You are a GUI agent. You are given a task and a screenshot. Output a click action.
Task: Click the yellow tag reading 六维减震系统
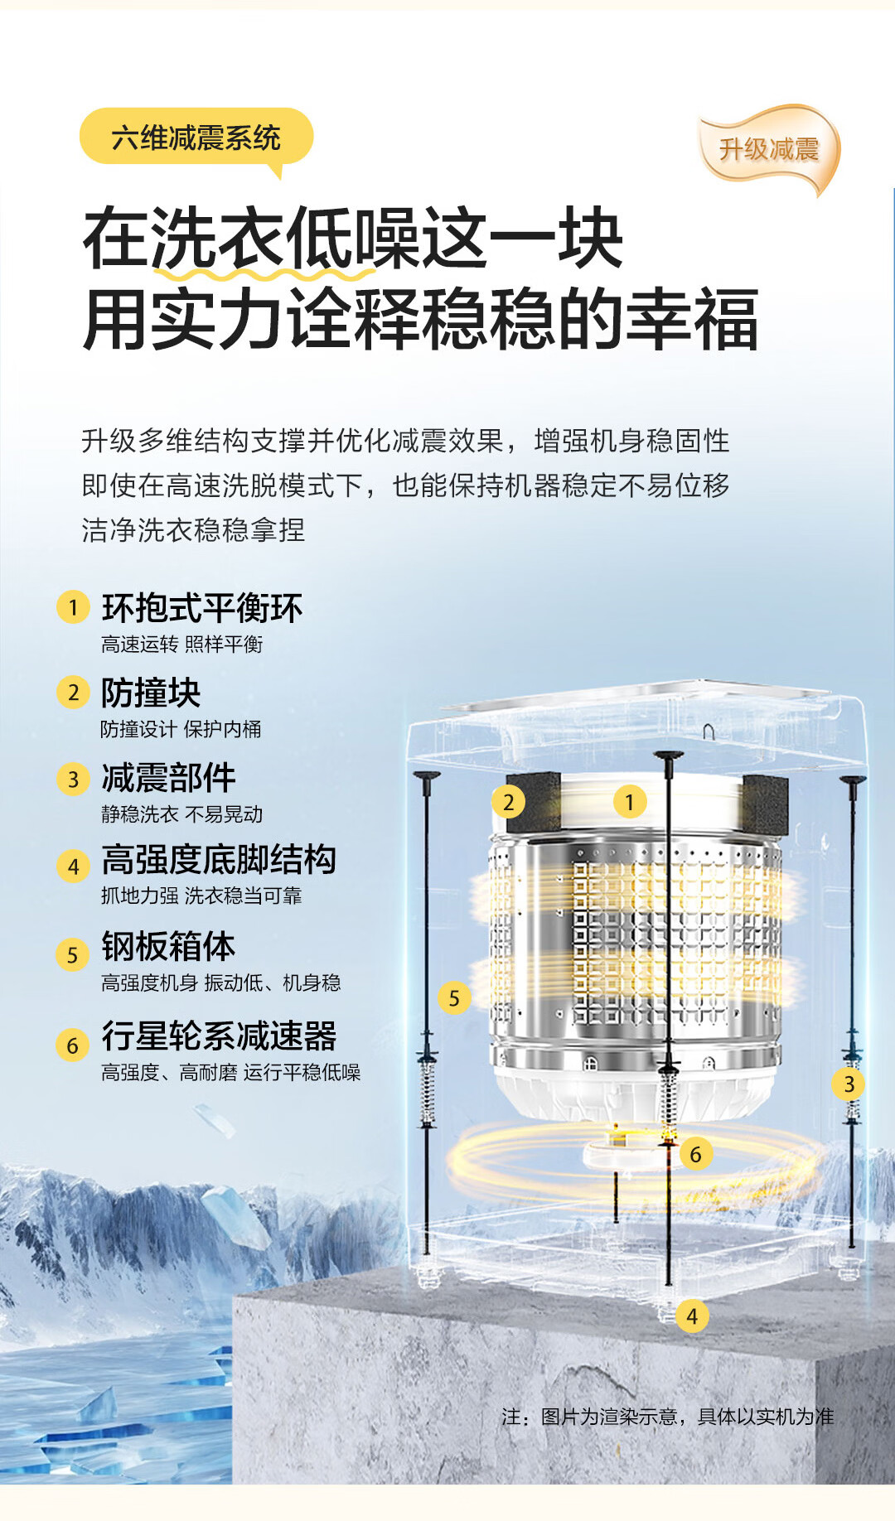[196, 137]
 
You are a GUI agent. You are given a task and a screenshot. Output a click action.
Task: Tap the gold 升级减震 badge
[769, 149]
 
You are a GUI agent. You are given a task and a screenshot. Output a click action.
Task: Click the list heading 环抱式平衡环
[202, 608]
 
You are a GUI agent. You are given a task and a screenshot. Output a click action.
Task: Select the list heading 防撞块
[151, 693]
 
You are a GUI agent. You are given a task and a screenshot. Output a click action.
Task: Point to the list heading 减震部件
[168, 778]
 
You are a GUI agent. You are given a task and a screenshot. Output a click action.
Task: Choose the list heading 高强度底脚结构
[219, 860]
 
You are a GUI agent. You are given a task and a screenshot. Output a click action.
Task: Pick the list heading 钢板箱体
[168, 946]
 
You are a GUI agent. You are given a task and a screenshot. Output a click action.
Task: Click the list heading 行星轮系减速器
[219, 1036]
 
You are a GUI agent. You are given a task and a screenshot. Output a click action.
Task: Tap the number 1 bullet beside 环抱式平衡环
[73, 607]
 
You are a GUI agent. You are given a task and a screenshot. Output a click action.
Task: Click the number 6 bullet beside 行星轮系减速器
[73, 1045]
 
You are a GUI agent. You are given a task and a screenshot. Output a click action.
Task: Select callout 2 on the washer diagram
[508, 802]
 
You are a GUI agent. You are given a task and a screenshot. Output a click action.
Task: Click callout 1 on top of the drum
[630, 802]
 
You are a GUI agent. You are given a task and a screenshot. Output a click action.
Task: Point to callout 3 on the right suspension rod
[849, 1084]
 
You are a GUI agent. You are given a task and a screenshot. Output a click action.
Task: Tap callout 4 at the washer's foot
[692, 1316]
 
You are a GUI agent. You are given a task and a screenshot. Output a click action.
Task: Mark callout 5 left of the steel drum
[454, 997]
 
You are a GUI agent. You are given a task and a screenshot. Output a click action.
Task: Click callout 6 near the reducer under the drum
[696, 1154]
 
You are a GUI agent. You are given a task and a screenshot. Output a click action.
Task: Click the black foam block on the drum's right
[764, 804]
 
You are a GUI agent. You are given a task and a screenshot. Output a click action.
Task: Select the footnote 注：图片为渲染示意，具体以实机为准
[667, 1417]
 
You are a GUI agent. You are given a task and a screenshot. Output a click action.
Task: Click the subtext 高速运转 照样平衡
[181, 644]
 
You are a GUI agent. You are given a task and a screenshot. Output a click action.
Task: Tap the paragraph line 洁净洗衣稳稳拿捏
[193, 529]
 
